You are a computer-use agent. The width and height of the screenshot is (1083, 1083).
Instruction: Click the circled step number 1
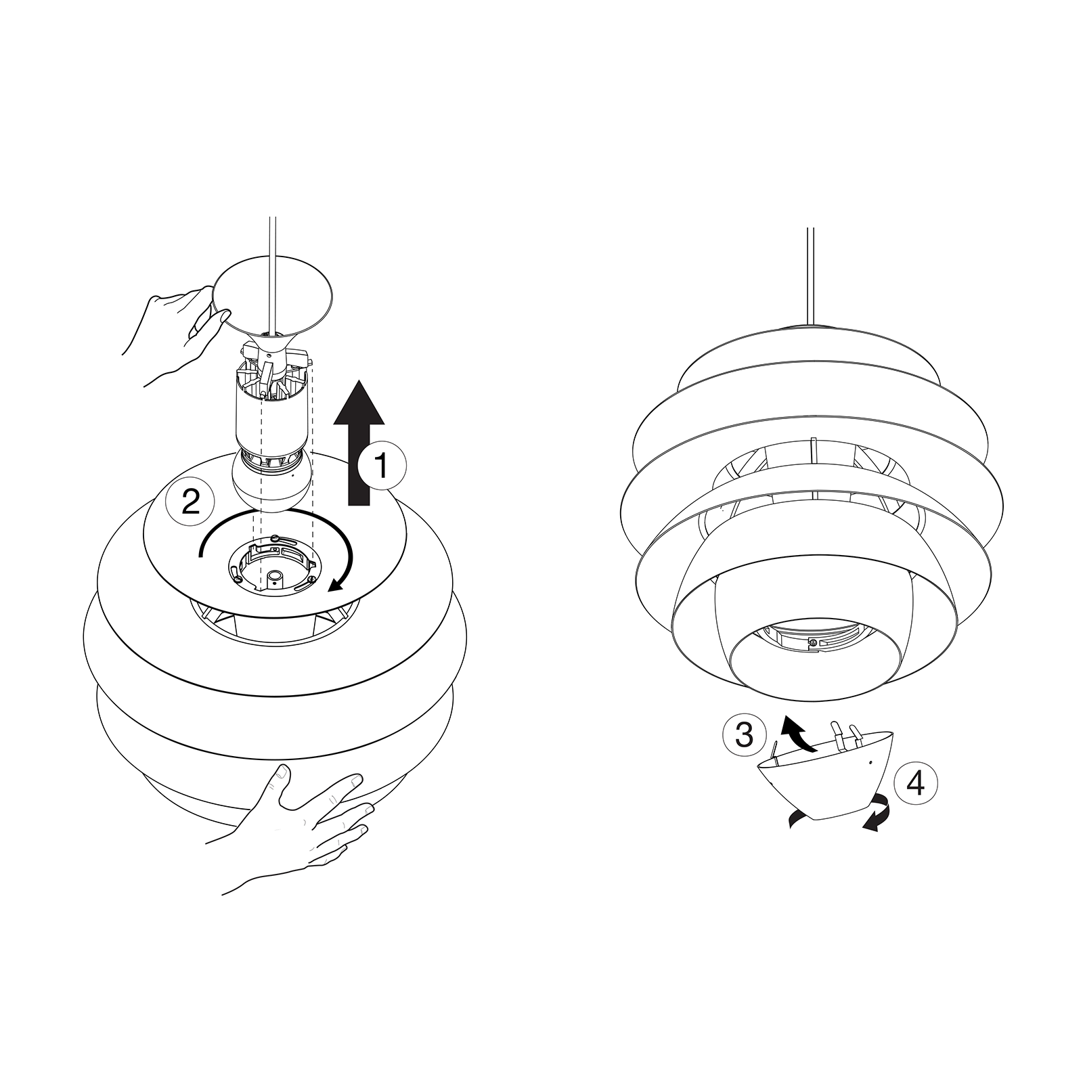pos(382,466)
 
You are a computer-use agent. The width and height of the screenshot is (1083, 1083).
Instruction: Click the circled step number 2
pos(190,502)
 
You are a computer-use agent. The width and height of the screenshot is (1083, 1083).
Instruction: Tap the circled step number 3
pos(744,734)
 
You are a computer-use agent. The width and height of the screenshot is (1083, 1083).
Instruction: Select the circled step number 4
pos(915,783)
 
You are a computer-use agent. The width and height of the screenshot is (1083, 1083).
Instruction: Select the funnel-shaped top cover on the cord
pos(274,298)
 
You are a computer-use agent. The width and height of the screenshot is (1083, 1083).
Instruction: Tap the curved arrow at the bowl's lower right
pos(877,812)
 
